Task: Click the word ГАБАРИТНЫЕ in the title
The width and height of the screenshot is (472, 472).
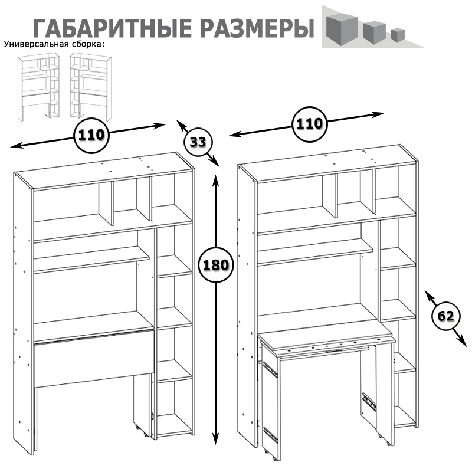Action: click(104, 28)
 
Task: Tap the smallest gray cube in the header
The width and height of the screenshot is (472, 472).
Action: click(396, 35)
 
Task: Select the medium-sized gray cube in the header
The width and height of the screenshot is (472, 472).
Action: click(373, 31)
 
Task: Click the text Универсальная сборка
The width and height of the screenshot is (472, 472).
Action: click(54, 44)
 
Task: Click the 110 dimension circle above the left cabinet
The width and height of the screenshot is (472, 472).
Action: click(91, 135)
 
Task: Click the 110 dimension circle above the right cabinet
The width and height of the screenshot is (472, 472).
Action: click(309, 124)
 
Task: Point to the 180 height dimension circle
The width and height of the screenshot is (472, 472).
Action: click(215, 264)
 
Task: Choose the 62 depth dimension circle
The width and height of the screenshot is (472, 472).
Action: click(445, 316)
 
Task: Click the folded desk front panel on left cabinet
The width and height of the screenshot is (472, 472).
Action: click(93, 359)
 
